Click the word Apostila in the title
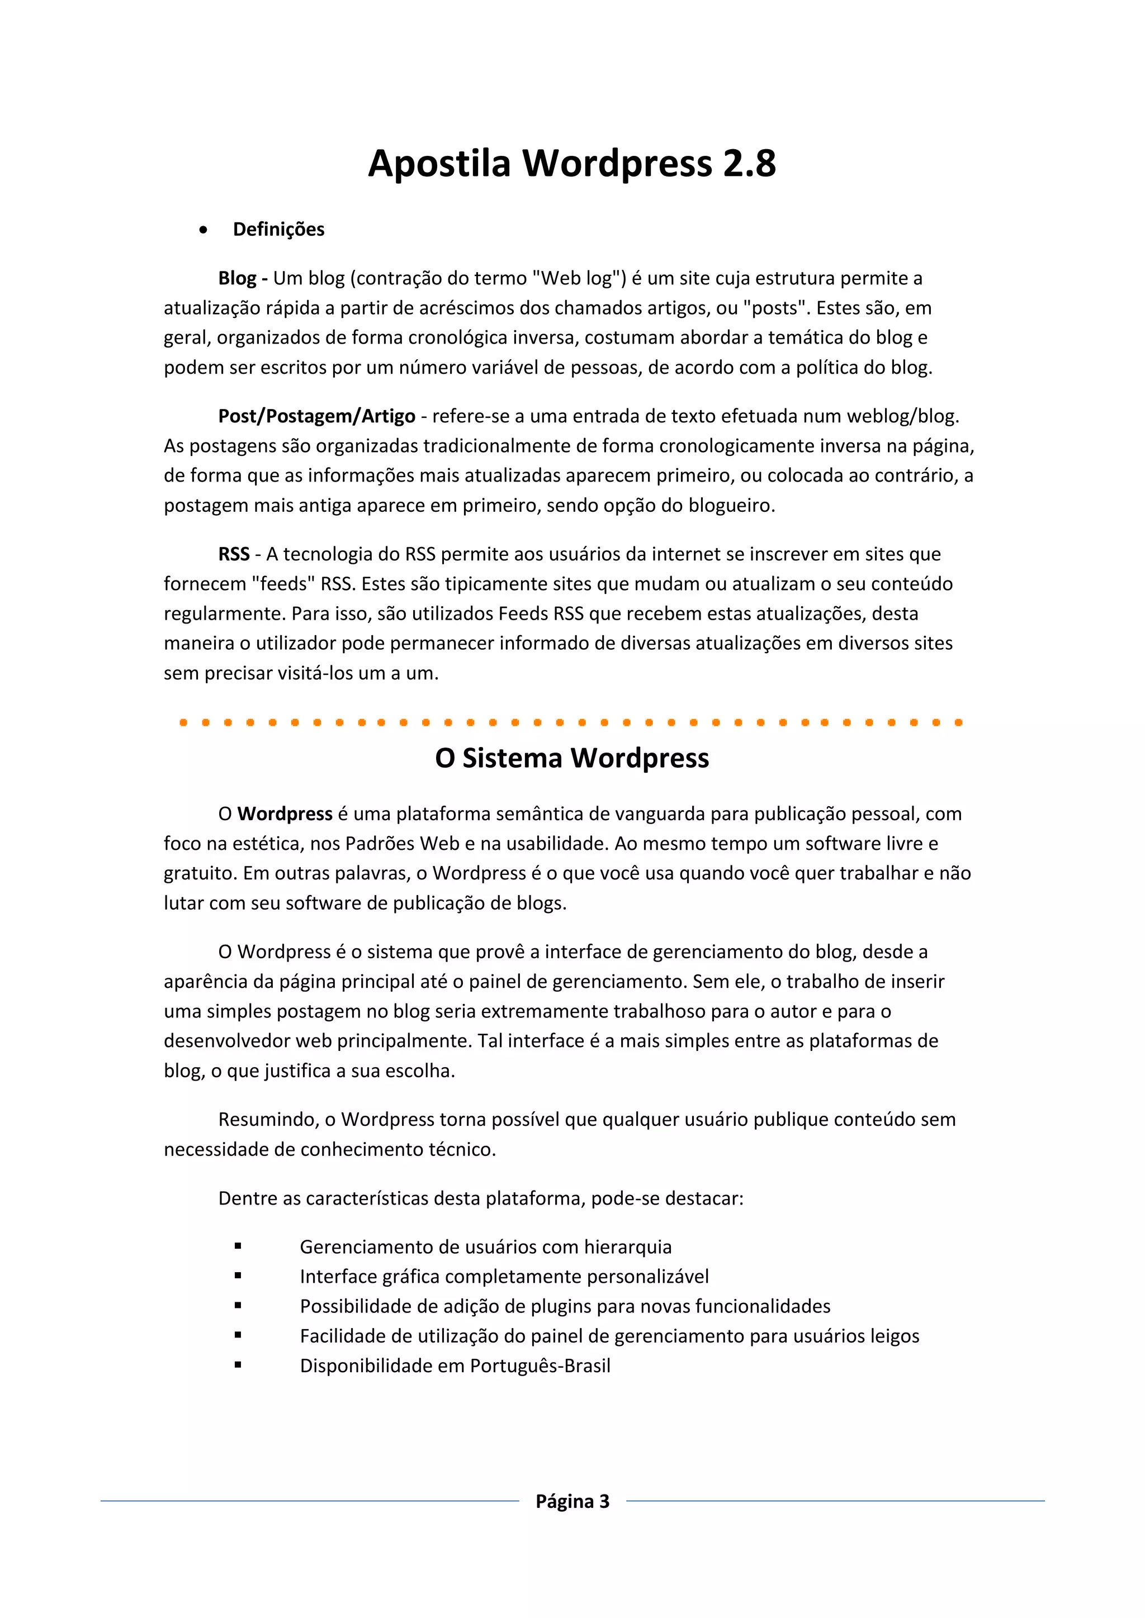click(x=438, y=164)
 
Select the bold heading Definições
click(x=278, y=230)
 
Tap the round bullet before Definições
click(x=203, y=230)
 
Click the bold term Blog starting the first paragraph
click(x=237, y=278)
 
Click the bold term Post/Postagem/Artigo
click(x=316, y=416)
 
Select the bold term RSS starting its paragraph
click(x=233, y=555)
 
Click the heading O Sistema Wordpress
click(x=572, y=758)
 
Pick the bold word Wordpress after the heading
click(x=285, y=814)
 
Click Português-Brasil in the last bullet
click(x=540, y=1365)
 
